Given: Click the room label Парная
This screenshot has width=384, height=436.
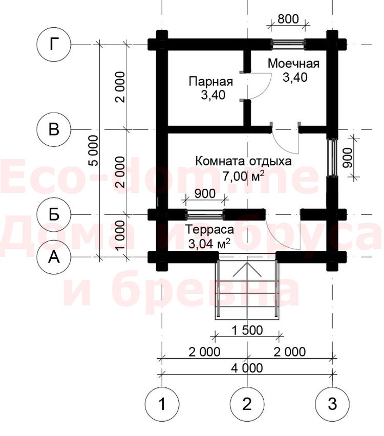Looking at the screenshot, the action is pyautogui.click(x=211, y=82).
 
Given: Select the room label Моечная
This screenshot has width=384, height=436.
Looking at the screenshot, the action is pyautogui.click(x=293, y=63).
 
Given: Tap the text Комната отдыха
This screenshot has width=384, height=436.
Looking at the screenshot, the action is pyautogui.click(x=244, y=161).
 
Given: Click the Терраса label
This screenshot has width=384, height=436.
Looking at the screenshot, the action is pyautogui.click(x=209, y=230).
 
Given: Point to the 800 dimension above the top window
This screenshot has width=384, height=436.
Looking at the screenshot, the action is pyautogui.click(x=288, y=19).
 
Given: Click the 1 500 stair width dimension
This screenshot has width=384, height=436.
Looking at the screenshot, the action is pyautogui.click(x=247, y=331).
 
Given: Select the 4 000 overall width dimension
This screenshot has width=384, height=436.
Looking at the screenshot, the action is pyautogui.click(x=247, y=368).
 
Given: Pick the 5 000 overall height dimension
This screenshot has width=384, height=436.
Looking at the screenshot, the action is pyautogui.click(x=94, y=150).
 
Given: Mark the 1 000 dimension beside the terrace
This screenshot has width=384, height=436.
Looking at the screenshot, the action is pyautogui.click(x=120, y=235).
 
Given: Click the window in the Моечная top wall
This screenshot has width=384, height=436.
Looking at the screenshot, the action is pyautogui.click(x=288, y=44).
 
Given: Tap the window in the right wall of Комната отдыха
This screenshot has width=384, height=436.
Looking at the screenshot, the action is pyautogui.click(x=332, y=158).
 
